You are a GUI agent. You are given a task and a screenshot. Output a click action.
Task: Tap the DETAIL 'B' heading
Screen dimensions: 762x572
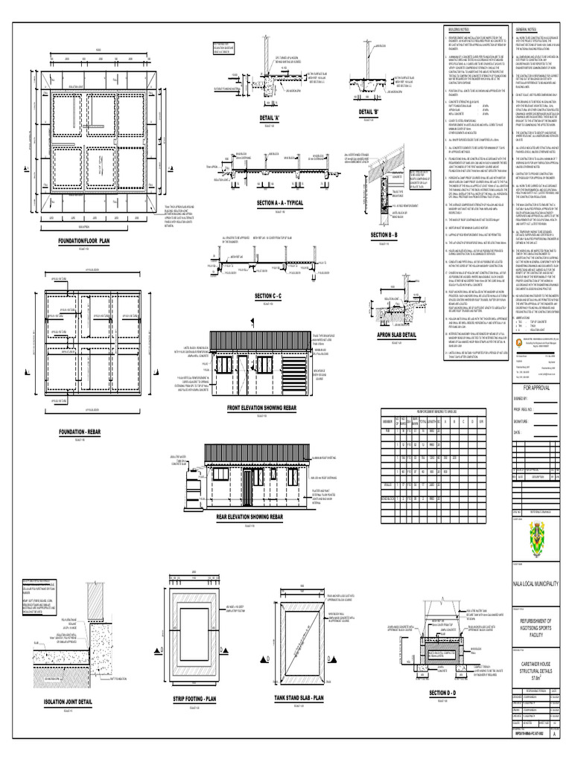pos(369,112)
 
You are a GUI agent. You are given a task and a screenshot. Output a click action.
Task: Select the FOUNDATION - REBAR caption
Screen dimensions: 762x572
pos(84,432)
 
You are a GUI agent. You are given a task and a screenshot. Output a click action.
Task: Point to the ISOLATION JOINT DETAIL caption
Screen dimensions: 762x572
pos(70,701)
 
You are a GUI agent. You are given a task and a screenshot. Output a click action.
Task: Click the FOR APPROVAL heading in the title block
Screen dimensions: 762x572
pos(540,388)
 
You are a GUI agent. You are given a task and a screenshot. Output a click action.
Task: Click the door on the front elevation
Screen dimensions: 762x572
pos(243,373)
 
